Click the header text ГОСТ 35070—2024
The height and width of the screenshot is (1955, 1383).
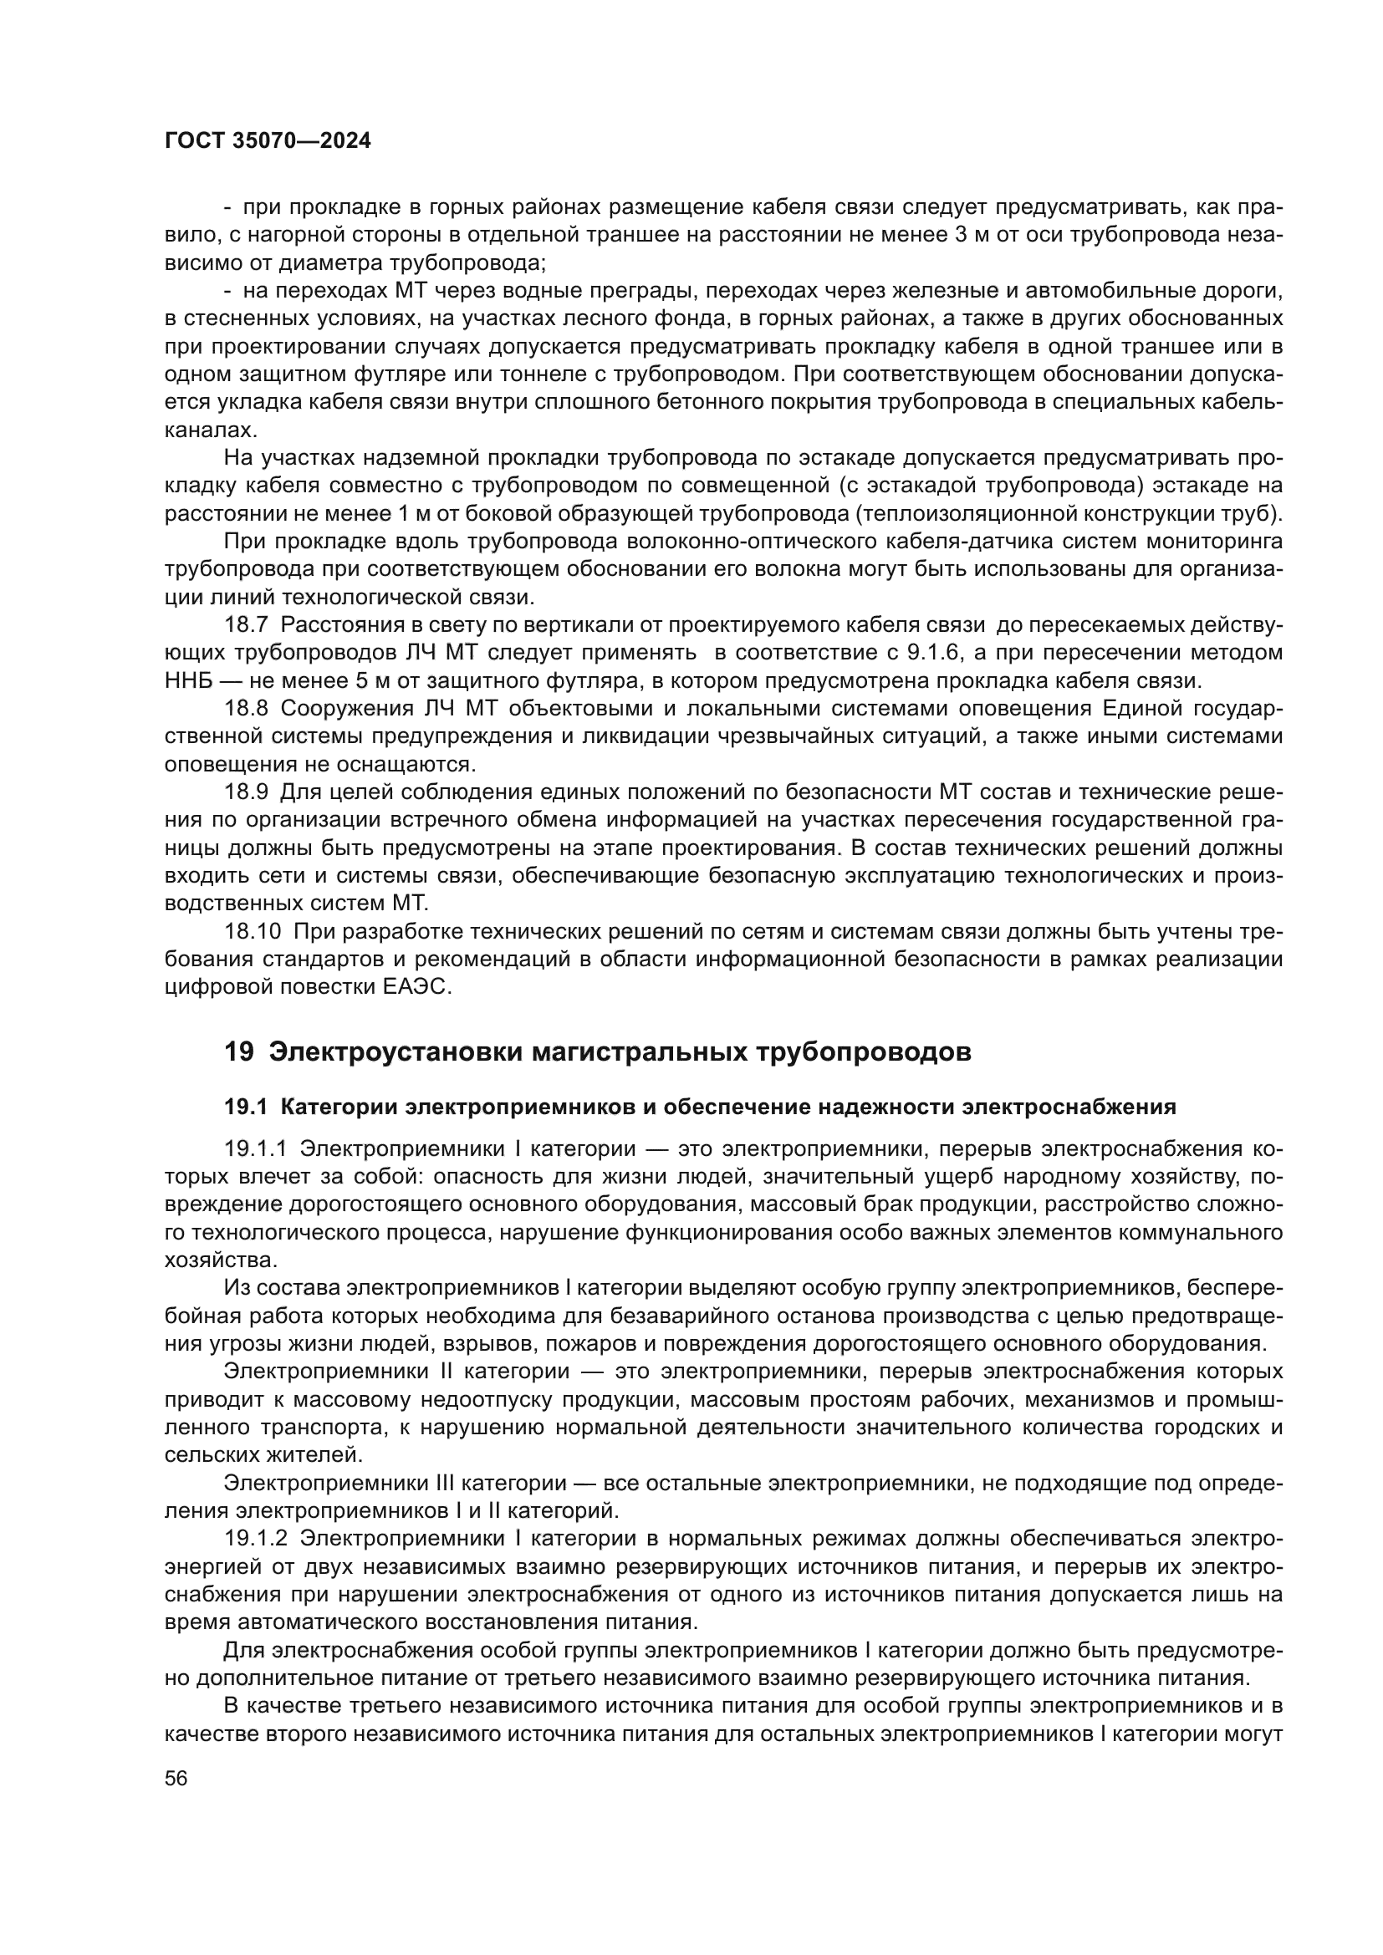click(x=268, y=141)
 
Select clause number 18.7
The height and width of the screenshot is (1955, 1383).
click(x=246, y=624)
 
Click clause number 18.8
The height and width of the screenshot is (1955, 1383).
click(x=246, y=709)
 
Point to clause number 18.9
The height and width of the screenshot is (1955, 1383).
click(x=246, y=792)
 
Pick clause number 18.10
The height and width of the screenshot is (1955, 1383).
click(x=252, y=931)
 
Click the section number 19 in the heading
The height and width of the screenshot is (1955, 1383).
click(x=238, y=1052)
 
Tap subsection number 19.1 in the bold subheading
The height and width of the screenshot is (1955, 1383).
click(x=246, y=1107)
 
